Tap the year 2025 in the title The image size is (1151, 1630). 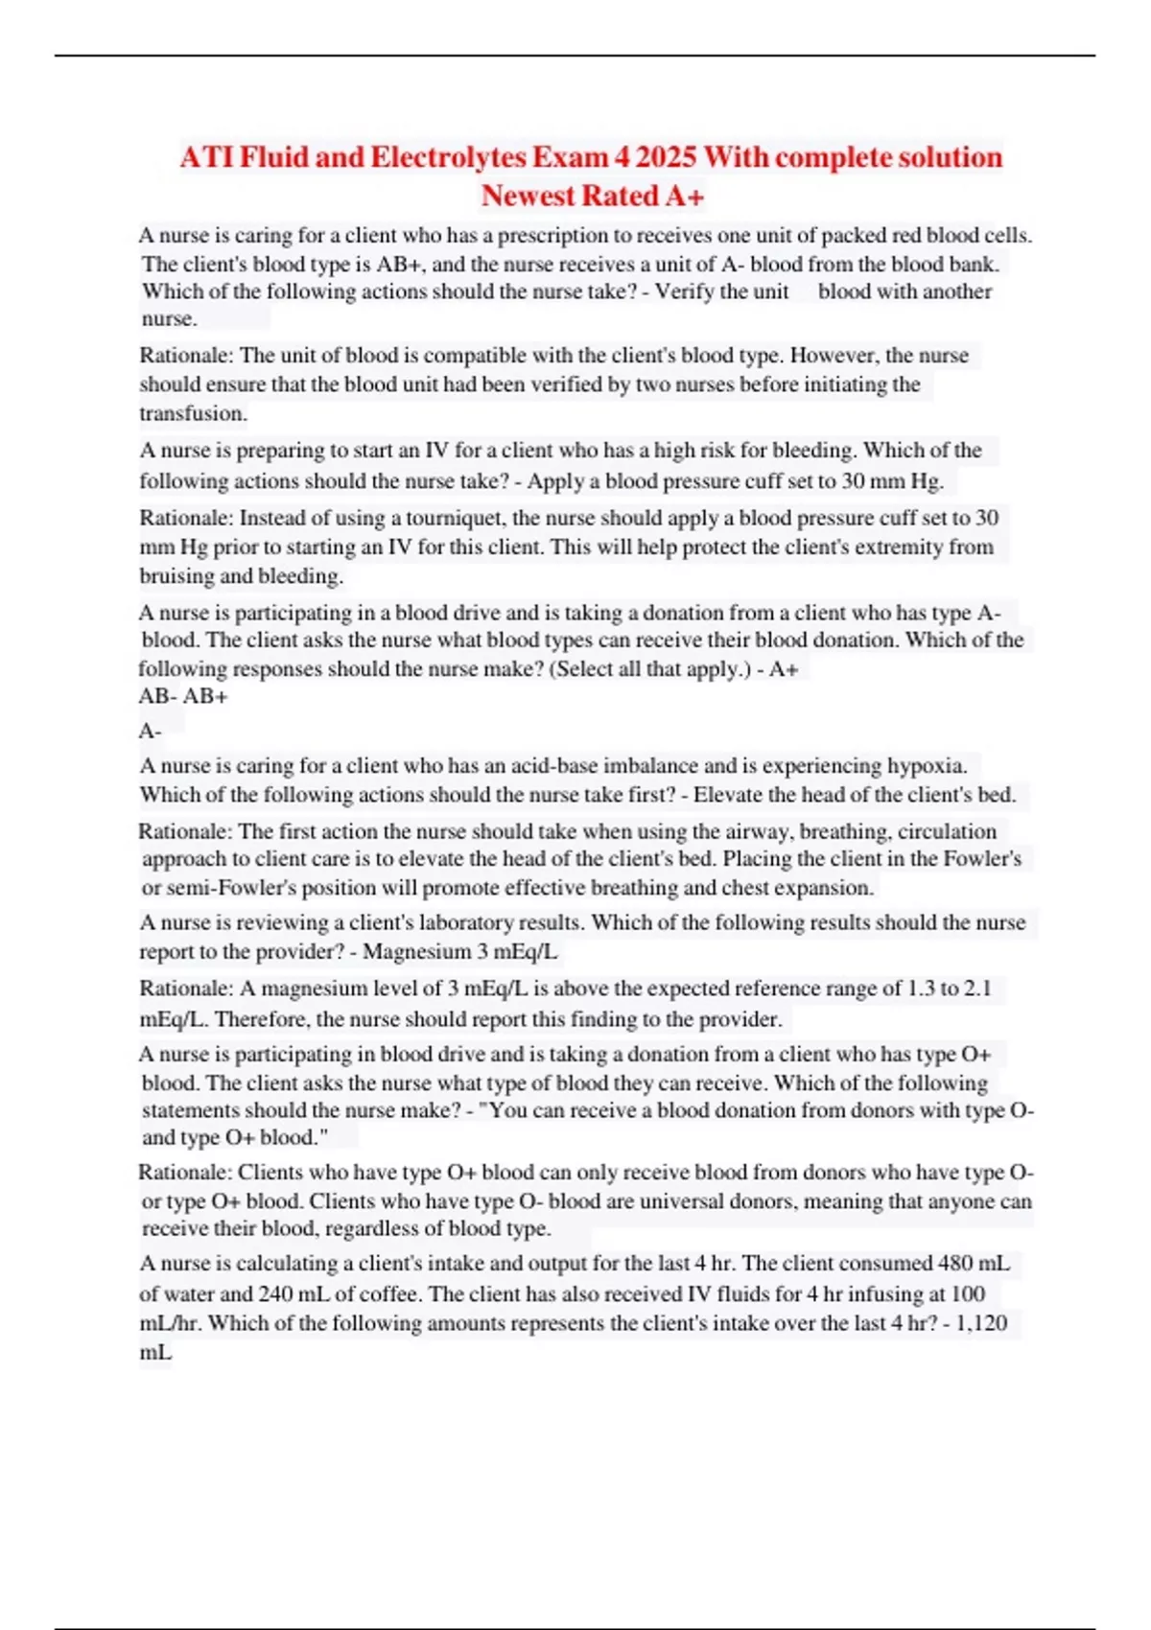pyautogui.click(x=666, y=156)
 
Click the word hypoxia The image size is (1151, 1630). pyautogui.click(x=927, y=765)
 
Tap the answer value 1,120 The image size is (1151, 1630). pyautogui.click(x=982, y=1323)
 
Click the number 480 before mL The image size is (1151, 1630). pyautogui.click(x=953, y=1263)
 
